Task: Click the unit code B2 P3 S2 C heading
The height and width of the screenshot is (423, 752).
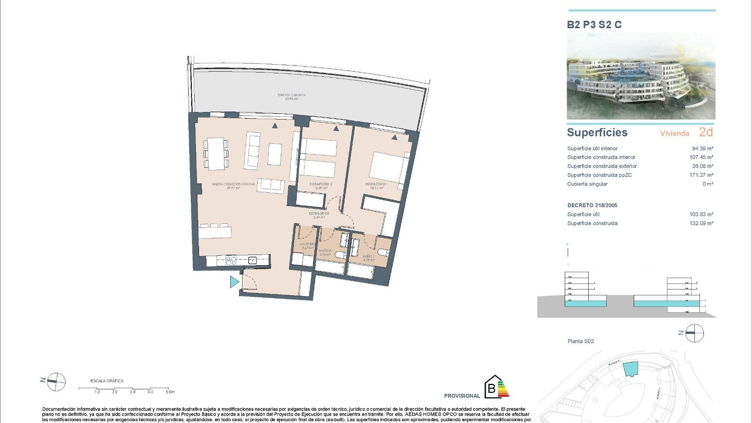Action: pyautogui.click(x=594, y=25)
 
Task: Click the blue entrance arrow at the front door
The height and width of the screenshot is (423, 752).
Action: pyautogui.click(x=234, y=282)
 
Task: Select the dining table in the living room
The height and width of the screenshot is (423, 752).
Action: pyautogui.click(x=216, y=153)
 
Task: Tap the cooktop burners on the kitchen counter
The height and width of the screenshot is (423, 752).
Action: pyautogui.click(x=231, y=260)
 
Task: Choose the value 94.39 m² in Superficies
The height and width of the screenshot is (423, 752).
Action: pyautogui.click(x=702, y=148)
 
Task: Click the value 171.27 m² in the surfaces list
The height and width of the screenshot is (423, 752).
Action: pyautogui.click(x=701, y=175)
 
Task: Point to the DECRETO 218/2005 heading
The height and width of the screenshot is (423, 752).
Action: pyautogui.click(x=592, y=205)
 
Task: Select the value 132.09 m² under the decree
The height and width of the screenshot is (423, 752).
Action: pyautogui.click(x=701, y=223)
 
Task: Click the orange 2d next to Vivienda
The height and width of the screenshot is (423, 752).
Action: pyautogui.click(x=706, y=132)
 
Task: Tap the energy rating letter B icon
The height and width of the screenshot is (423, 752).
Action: pyautogui.click(x=491, y=389)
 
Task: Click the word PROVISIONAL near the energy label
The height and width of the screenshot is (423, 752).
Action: pyautogui.click(x=462, y=396)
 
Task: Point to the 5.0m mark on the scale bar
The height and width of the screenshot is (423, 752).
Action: pyautogui.click(x=170, y=392)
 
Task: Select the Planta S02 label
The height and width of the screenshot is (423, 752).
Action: pyautogui.click(x=580, y=341)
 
